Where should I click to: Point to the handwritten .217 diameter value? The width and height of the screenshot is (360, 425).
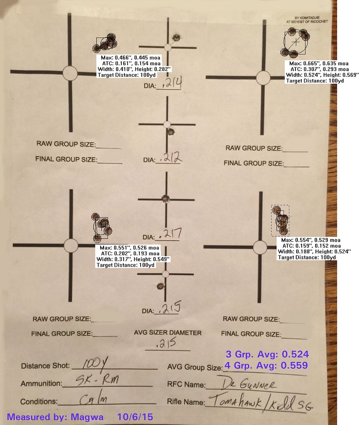(x=171, y=234)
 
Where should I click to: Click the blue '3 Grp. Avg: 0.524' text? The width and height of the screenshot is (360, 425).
(x=267, y=354)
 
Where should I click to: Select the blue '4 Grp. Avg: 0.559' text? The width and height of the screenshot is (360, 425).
(x=266, y=365)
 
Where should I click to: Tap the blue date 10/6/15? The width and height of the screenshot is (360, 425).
(x=135, y=417)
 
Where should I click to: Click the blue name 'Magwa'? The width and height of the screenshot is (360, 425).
(x=87, y=417)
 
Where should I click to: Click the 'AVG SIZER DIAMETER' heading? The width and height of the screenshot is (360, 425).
(x=168, y=333)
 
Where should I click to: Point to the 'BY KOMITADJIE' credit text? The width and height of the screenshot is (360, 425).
(x=307, y=18)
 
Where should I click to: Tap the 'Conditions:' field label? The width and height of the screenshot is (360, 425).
(x=39, y=401)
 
